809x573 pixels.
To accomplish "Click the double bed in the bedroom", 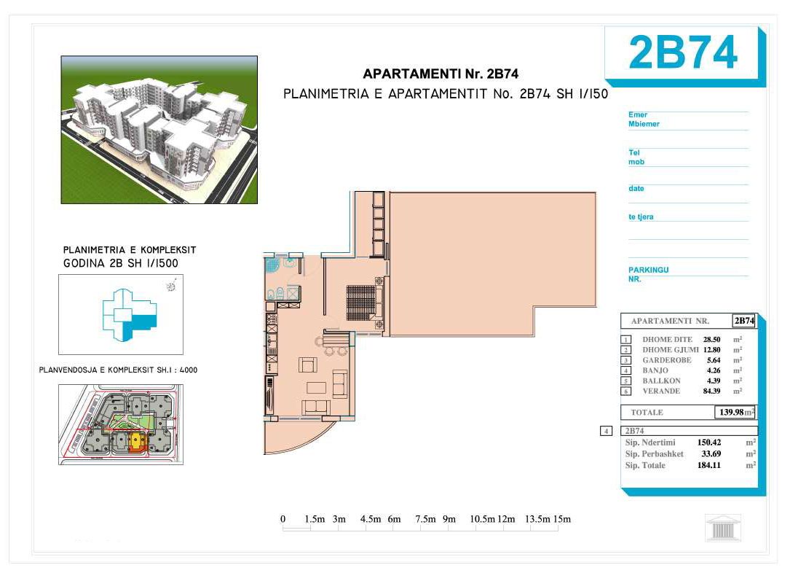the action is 362,303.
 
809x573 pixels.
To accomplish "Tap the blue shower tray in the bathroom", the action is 272,265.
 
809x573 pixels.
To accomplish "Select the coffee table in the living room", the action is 316,388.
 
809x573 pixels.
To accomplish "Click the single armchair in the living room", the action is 307,365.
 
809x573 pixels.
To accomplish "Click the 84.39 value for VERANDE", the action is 711,391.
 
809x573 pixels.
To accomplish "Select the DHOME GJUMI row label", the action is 670,350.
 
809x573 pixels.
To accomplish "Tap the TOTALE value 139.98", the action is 731,413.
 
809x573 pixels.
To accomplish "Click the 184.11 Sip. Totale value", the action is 709,465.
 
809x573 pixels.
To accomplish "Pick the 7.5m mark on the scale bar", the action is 425,519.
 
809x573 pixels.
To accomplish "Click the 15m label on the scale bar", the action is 562,519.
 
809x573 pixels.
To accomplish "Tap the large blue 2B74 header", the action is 682,52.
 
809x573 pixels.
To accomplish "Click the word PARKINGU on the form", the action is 648,270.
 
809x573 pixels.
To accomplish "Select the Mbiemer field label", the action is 644,124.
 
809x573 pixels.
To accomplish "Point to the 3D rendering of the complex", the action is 159,130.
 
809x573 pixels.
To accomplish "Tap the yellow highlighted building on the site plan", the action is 135,441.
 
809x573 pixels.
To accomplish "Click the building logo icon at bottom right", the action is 723,528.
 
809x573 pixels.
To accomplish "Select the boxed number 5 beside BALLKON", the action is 626,381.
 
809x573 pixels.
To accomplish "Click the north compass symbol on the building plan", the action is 172,285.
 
